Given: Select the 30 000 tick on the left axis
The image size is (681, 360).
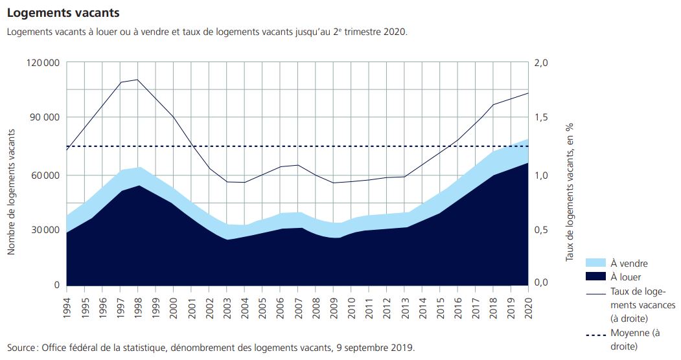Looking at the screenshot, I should click(x=44, y=230).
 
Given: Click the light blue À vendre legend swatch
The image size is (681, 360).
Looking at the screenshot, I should click(x=594, y=263).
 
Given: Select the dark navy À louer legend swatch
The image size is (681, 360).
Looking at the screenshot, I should click(x=594, y=277).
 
